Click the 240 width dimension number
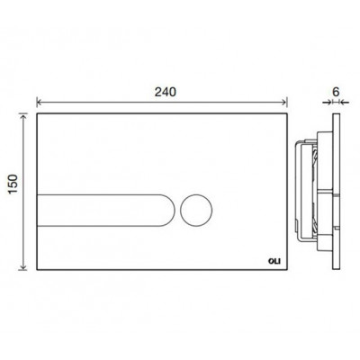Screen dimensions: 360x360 (166, 92)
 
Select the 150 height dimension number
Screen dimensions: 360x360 (13, 184)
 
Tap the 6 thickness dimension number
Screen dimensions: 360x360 (336, 92)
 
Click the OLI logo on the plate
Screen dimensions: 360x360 (274, 261)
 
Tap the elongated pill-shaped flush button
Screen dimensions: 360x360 (105, 210)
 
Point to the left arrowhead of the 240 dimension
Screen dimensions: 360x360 (39, 103)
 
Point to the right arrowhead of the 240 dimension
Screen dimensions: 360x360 (285, 103)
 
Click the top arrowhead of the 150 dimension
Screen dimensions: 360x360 (23, 116)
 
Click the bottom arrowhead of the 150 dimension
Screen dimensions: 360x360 (23, 267)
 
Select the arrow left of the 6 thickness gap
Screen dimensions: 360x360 (328, 103)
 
